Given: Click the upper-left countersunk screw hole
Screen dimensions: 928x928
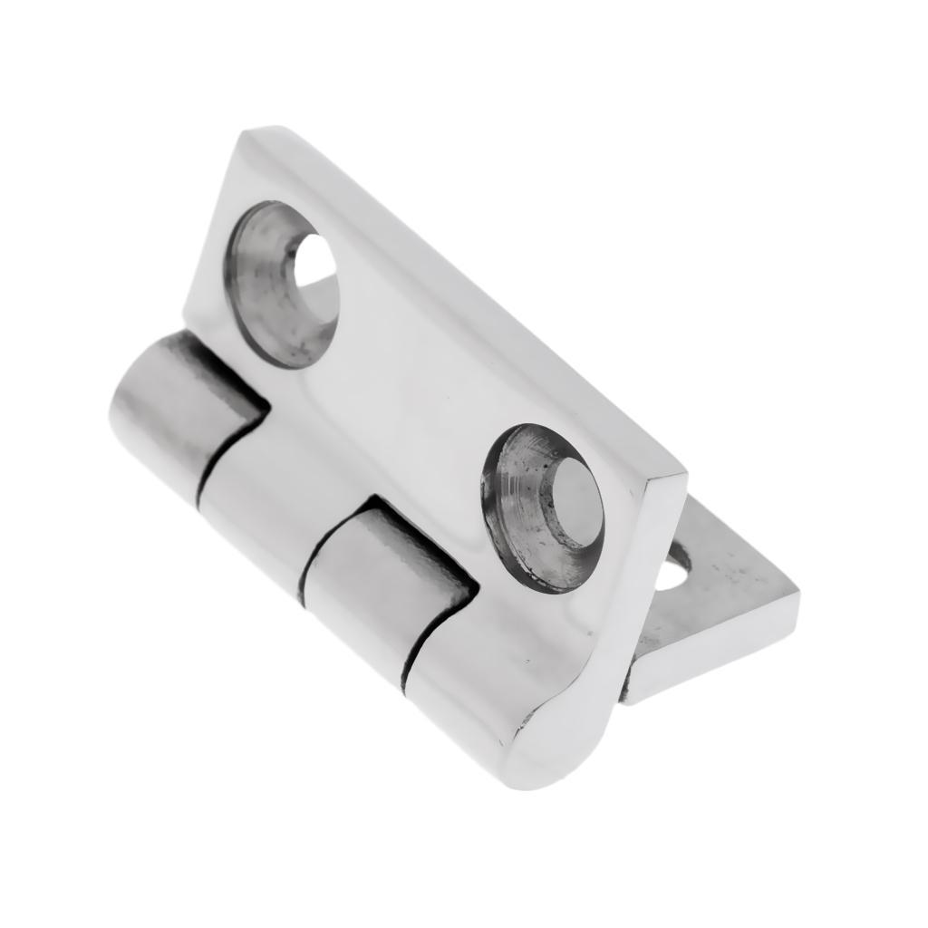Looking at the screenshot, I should tap(281, 283).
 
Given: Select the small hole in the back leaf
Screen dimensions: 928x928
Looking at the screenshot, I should tap(672, 574).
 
